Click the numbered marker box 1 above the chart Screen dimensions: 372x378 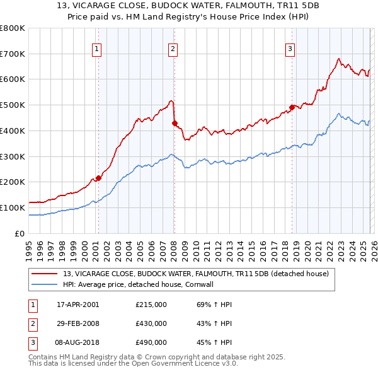(x=98, y=49)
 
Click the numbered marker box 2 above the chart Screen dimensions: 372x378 (x=173, y=49)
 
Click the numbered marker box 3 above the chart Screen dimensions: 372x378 (x=290, y=49)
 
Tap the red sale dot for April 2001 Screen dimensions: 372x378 (x=98, y=178)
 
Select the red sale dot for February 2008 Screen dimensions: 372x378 (x=175, y=123)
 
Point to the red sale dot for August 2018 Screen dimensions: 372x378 (x=292, y=107)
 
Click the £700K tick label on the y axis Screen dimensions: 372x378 (x=12, y=54)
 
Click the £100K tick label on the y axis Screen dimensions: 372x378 (x=12, y=207)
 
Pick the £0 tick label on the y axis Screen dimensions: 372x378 (x=20, y=233)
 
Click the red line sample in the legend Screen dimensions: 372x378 (x=45, y=274)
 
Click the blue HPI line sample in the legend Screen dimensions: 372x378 (x=45, y=285)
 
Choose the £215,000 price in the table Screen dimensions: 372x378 (x=151, y=305)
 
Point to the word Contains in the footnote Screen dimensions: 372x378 (x=43, y=357)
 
